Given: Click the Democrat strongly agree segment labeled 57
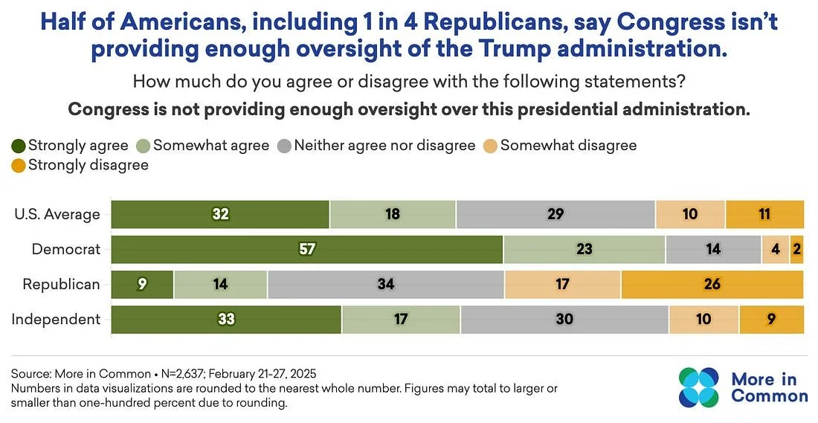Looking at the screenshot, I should click(x=307, y=249).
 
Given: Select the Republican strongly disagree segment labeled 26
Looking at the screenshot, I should click(x=712, y=284).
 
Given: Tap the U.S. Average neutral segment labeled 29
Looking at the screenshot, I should click(x=555, y=214).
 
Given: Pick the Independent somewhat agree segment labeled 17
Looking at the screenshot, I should click(x=401, y=320).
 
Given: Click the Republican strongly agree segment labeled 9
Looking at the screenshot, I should click(x=142, y=284).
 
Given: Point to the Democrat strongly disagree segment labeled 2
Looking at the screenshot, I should click(x=797, y=249).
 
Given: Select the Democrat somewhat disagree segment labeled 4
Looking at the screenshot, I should click(x=775, y=249).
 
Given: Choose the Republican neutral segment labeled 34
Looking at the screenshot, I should click(x=385, y=284).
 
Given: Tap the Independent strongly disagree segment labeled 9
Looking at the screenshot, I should click(x=771, y=320).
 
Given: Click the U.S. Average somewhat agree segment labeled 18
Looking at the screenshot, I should click(x=393, y=214).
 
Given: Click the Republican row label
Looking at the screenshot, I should click(x=61, y=284).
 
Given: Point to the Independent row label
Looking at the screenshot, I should click(x=56, y=320).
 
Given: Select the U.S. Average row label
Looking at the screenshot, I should click(x=57, y=214).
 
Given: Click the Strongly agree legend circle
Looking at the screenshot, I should click(x=18, y=146).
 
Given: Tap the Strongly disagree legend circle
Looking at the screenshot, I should click(x=18, y=165).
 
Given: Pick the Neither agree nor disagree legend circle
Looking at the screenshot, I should click(x=283, y=146).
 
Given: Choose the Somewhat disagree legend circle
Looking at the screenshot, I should click(x=489, y=146).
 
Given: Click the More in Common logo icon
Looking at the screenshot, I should click(x=699, y=387).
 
